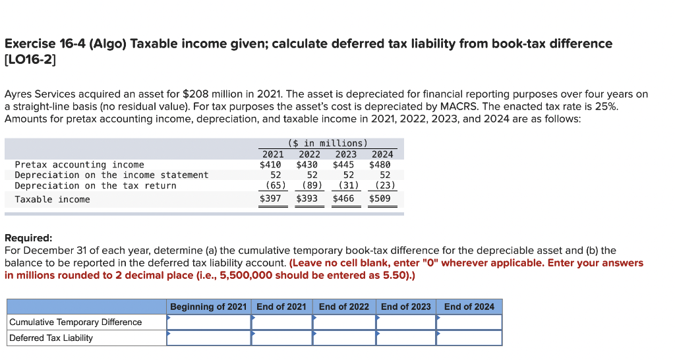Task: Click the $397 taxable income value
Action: tap(270, 198)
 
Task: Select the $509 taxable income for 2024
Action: tap(380, 198)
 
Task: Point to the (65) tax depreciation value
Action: tap(271, 185)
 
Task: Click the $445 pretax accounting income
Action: tap(343, 164)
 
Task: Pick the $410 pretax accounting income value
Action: tap(270, 164)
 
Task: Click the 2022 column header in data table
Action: tap(307, 154)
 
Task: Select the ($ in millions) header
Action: tap(328, 143)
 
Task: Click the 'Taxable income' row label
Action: tap(52, 199)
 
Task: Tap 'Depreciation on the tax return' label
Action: tap(96, 185)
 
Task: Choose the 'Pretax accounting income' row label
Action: tap(79, 164)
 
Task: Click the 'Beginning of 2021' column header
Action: tap(208, 307)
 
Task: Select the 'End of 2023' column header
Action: tap(405, 307)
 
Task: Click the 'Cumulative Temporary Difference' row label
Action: tap(75, 322)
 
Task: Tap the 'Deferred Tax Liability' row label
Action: tap(51, 338)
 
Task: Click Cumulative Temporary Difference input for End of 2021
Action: tap(281, 322)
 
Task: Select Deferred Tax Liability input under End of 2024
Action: tap(469, 338)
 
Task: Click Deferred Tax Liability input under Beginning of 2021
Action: tap(208, 338)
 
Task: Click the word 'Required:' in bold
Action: tap(28, 238)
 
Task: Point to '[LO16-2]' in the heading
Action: tap(30, 60)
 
